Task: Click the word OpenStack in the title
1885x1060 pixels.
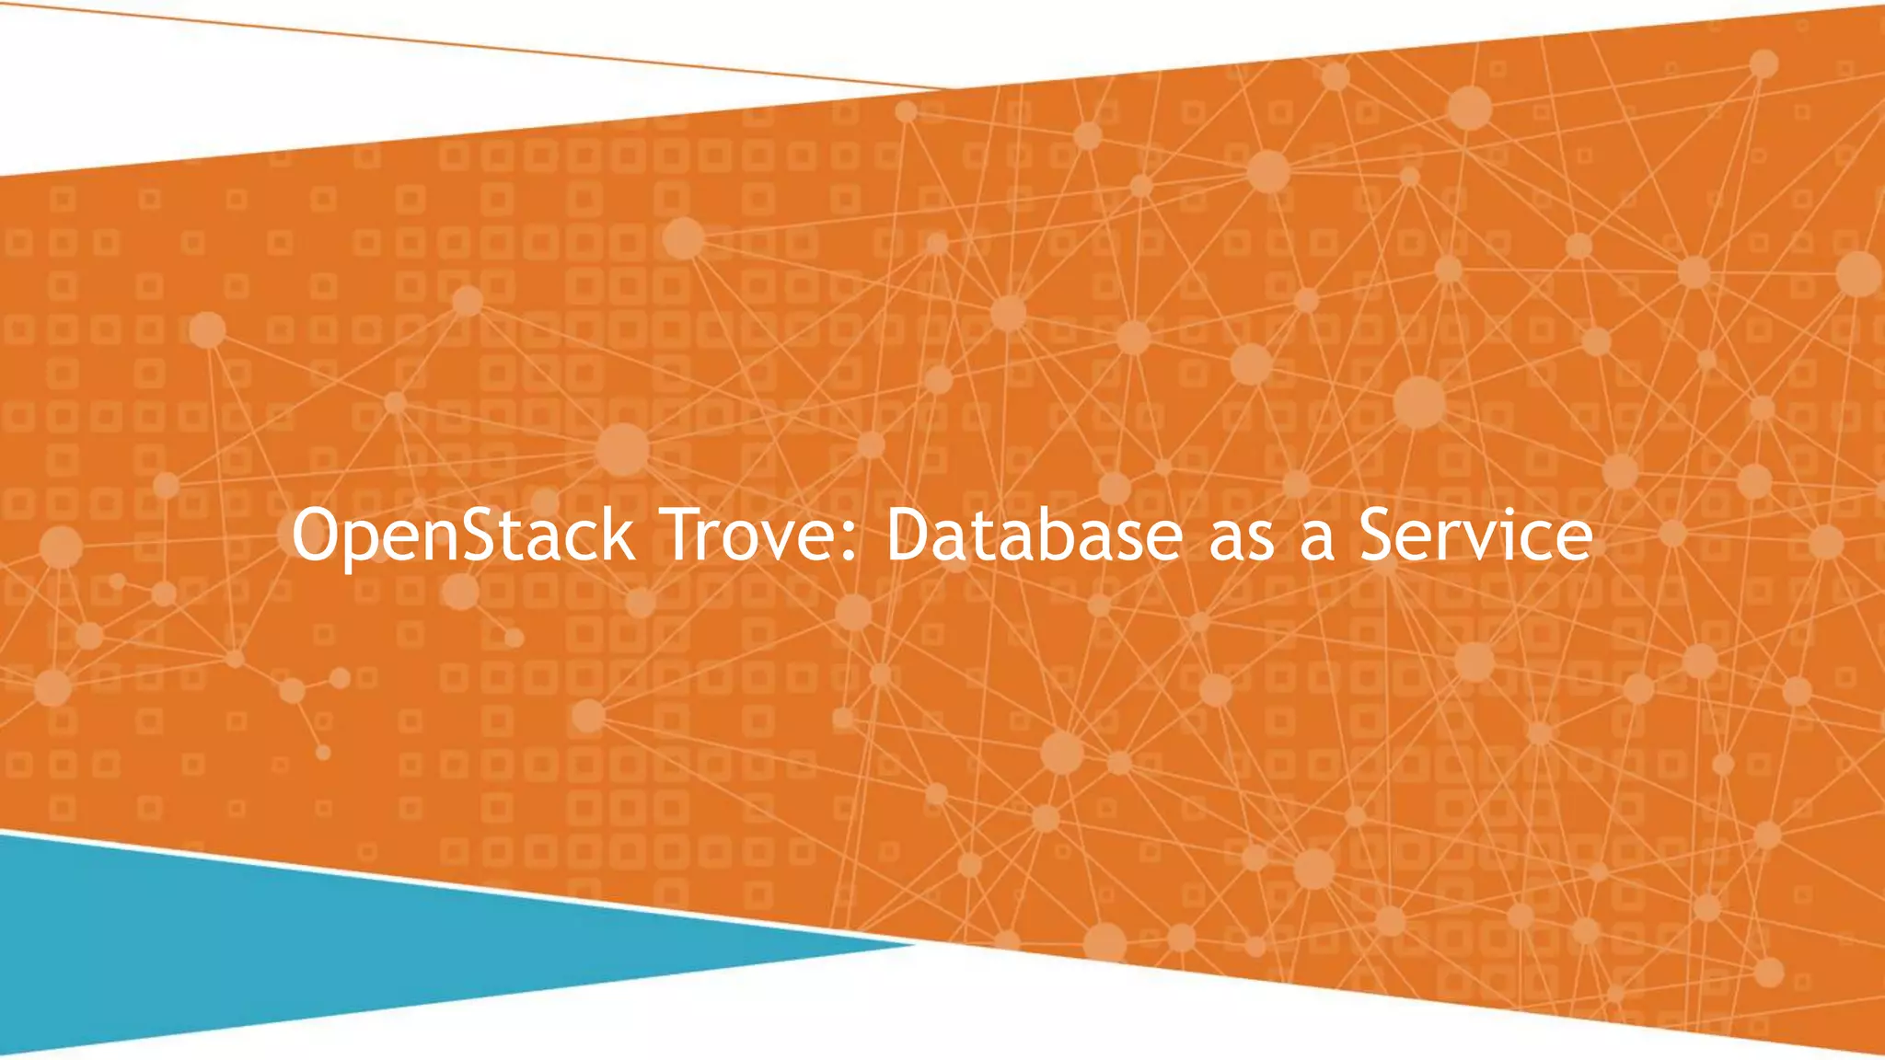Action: coord(462,536)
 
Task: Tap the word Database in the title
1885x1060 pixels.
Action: coord(1034,536)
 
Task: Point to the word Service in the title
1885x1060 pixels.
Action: coord(1475,536)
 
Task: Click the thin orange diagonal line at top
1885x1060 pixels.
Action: coord(460,42)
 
